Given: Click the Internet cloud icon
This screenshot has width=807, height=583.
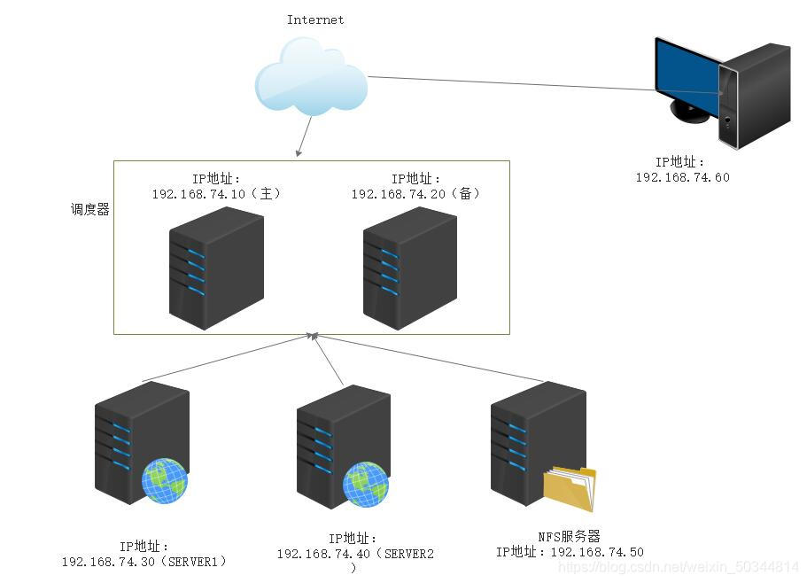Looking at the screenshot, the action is point(312,77).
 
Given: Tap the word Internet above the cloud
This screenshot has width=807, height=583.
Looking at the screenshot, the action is point(315,20).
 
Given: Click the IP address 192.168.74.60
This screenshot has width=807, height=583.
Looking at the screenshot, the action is point(682,177).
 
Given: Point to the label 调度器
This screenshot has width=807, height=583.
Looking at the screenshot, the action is point(90,209).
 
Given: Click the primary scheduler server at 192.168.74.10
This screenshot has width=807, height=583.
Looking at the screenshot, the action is point(217,268).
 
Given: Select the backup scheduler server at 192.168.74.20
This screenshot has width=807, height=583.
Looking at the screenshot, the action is point(410,268).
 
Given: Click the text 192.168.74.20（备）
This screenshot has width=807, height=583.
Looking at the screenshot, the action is point(415,194).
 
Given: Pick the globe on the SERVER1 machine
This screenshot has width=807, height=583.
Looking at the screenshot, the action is point(165,480).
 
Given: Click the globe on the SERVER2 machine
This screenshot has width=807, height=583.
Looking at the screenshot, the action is point(366,484).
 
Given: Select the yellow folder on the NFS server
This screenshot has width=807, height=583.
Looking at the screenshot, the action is point(570,488).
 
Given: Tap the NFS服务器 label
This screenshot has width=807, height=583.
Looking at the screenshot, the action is point(570,537).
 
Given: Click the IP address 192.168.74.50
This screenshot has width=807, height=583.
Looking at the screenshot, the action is point(597,552).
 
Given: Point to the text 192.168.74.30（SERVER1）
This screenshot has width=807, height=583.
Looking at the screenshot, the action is point(144,562).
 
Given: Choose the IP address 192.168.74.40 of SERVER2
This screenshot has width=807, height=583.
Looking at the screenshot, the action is point(323,554).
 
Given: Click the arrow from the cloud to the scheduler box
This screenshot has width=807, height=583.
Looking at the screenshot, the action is point(304,136).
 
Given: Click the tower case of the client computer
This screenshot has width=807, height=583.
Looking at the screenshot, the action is point(755,97).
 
